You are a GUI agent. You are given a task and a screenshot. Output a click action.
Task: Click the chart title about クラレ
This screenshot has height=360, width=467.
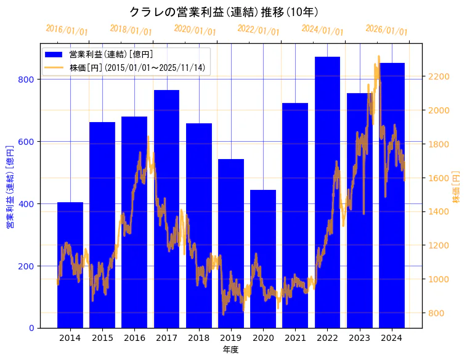click(x=224, y=12)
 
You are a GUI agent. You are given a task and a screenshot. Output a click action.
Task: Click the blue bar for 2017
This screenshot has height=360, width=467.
click(x=166, y=209)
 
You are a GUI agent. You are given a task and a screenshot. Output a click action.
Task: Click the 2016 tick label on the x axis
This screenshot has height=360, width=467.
click(x=134, y=338)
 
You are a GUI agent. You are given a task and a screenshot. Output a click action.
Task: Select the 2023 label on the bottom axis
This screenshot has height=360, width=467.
click(x=359, y=338)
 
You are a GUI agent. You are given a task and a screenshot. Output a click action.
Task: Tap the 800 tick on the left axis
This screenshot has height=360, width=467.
click(x=28, y=80)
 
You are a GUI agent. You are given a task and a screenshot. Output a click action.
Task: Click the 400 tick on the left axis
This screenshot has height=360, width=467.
click(x=28, y=204)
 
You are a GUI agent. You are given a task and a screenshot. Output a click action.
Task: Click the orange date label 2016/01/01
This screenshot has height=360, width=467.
click(x=67, y=30)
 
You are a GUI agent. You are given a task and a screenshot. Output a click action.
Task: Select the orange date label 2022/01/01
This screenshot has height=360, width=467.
click(x=259, y=30)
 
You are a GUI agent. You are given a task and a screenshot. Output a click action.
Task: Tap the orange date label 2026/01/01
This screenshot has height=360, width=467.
click(x=386, y=30)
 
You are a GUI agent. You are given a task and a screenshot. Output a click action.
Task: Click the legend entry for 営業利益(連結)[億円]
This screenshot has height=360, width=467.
click(x=111, y=55)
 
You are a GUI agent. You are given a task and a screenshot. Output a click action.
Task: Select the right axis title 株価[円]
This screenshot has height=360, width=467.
click(x=457, y=187)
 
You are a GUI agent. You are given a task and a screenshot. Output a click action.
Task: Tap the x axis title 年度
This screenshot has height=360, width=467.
click(x=230, y=350)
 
